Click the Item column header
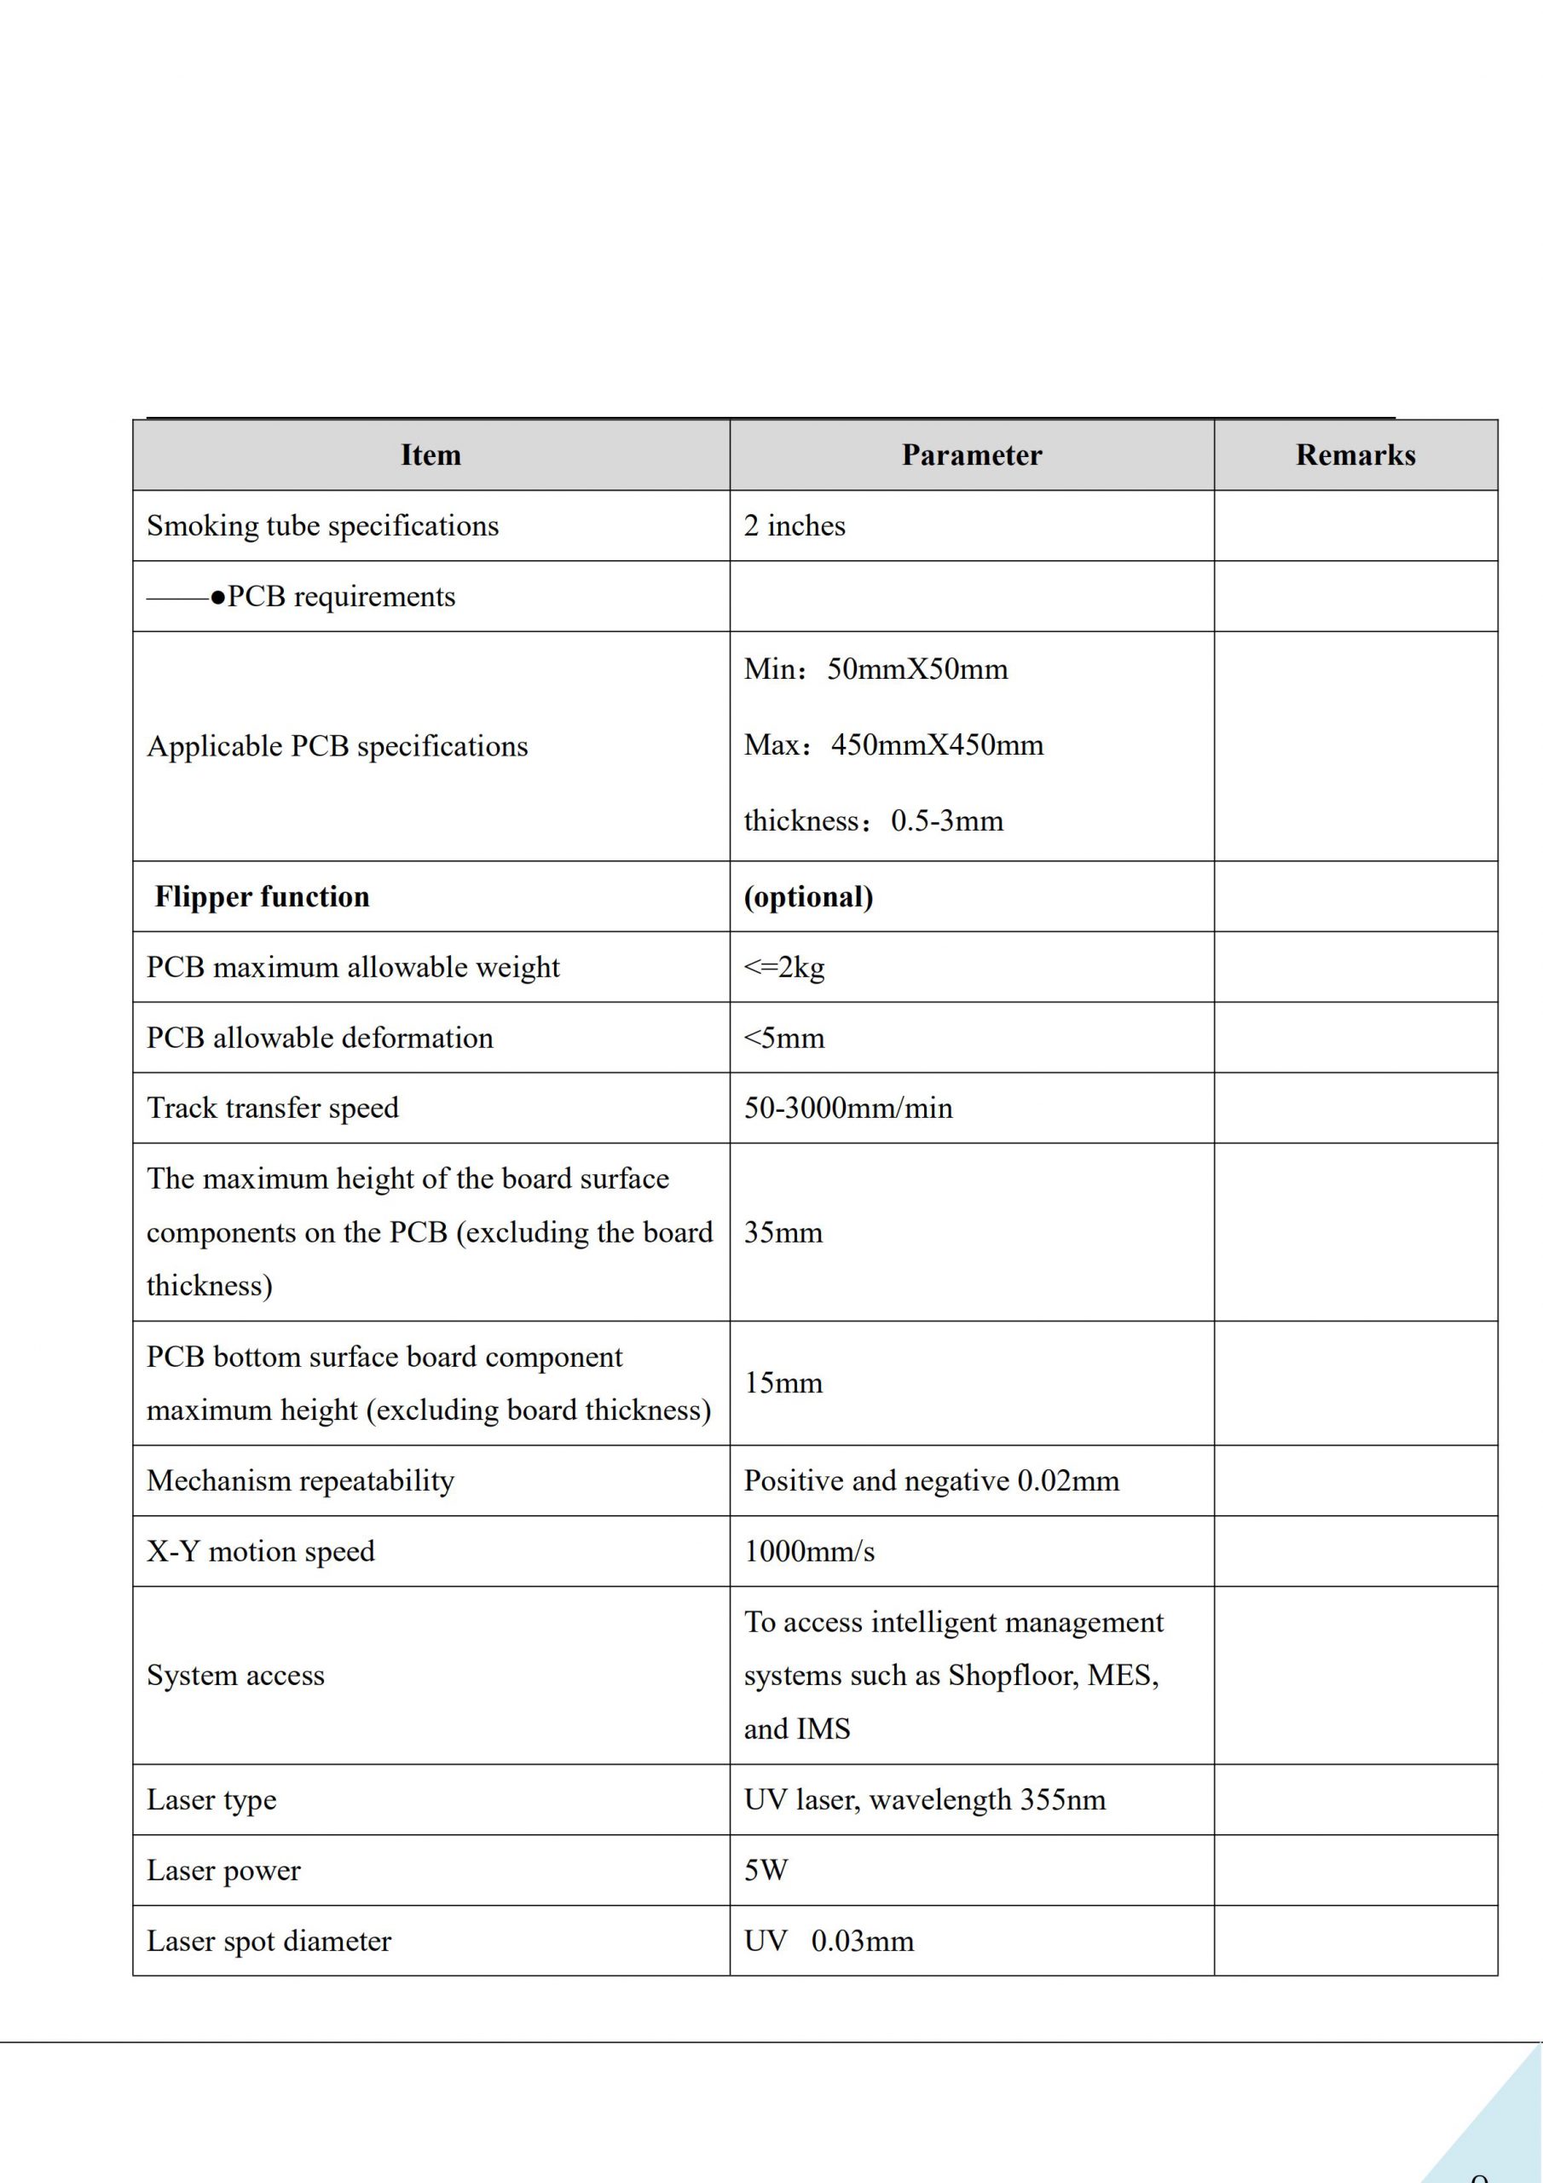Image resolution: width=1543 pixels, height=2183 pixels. [x=431, y=455]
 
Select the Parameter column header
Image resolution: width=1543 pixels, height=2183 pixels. [x=972, y=455]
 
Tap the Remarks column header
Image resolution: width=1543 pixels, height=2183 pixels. [x=1355, y=455]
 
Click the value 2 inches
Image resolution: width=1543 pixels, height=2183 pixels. [x=794, y=526]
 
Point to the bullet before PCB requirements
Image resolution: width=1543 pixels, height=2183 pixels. [x=219, y=597]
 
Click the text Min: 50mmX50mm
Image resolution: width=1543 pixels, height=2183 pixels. [x=876, y=669]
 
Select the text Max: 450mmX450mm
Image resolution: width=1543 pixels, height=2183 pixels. [x=893, y=744]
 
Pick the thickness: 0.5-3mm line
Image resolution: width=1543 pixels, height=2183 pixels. [x=873, y=820]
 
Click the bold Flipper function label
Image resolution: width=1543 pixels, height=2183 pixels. [x=262, y=896]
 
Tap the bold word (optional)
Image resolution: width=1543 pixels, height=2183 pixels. [x=808, y=896]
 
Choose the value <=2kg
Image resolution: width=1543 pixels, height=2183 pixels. [x=784, y=967]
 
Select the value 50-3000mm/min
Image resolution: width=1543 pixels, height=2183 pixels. [x=848, y=1108]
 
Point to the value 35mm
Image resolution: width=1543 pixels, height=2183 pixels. [x=783, y=1232]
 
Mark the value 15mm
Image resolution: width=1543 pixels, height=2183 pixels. [x=783, y=1382]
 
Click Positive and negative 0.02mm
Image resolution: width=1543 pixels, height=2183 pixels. [x=932, y=1480]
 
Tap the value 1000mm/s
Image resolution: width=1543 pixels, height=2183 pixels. [x=809, y=1551]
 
